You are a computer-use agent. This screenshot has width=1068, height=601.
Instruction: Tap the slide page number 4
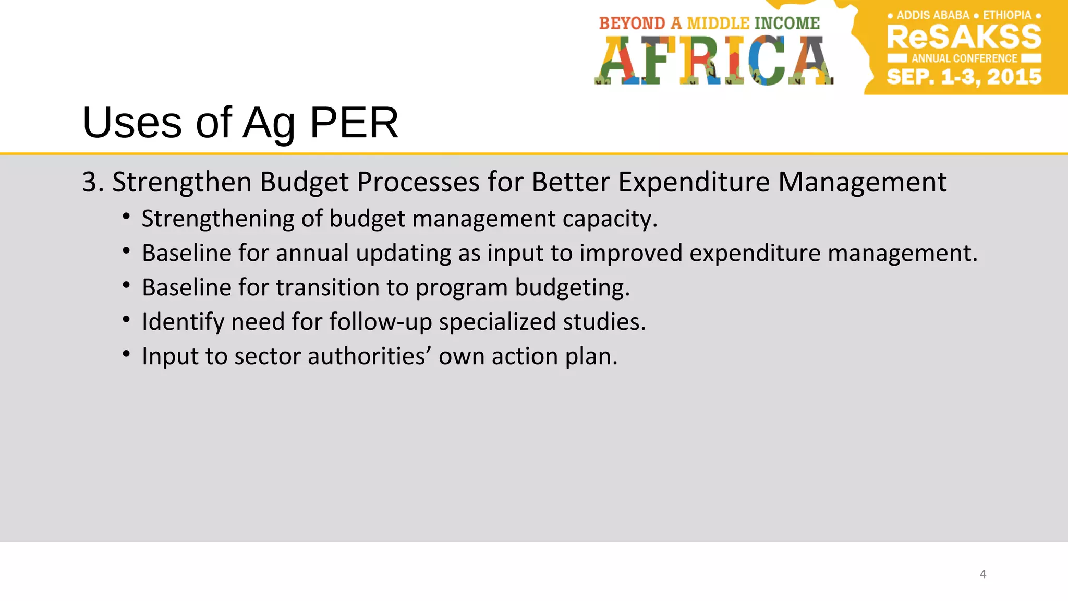click(x=983, y=574)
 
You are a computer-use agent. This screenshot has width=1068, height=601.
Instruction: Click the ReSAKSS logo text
click(x=964, y=37)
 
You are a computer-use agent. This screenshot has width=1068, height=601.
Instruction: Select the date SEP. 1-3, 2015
click(x=964, y=77)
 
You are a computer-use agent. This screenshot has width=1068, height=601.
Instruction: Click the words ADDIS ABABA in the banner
click(x=932, y=15)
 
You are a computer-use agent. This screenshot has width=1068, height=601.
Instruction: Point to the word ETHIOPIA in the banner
click(x=1007, y=15)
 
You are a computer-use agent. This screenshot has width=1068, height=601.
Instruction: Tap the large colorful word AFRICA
click(x=713, y=60)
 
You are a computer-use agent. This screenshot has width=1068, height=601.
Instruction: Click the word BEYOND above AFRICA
click(x=632, y=23)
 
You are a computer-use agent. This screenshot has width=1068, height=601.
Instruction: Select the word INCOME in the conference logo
click(x=787, y=23)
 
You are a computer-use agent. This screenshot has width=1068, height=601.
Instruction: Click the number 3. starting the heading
click(x=93, y=183)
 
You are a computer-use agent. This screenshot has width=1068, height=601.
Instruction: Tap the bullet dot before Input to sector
click(x=126, y=355)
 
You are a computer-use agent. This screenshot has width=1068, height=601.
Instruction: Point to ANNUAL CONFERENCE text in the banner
click(x=964, y=58)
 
